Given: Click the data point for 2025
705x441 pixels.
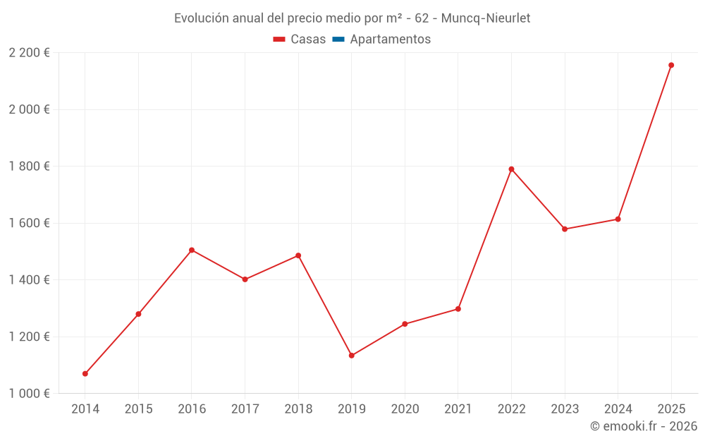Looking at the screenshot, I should click(x=671, y=65).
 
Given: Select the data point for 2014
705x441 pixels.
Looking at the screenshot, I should click(x=85, y=373).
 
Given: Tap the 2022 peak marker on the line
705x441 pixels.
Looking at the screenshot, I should click(x=511, y=169).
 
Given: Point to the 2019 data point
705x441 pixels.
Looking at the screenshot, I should click(x=351, y=356).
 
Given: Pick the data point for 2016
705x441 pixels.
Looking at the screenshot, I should click(x=192, y=250).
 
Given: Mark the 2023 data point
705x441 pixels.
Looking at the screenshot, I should click(x=565, y=229).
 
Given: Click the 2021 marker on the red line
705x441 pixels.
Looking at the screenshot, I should click(x=458, y=309).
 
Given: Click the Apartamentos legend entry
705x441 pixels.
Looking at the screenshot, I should click(x=390, y=40).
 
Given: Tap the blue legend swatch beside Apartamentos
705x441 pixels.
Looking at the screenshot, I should click(x=338, y=40).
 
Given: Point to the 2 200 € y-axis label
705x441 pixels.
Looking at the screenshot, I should click(x=30, y=53).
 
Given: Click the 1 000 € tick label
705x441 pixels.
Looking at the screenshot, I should click(x=30, y=394).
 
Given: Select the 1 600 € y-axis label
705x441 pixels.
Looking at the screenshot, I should click(x=30, y=223).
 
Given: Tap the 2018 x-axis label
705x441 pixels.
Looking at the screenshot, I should click(x=298, y=409).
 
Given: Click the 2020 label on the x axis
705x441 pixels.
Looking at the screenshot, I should click(x=405, y=409).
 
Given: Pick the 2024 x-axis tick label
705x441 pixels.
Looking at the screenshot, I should click(x=618, y=409).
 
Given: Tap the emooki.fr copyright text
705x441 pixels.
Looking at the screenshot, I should click(x=644, y=426).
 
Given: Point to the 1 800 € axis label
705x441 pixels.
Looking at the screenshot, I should click(x=30, y=167).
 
